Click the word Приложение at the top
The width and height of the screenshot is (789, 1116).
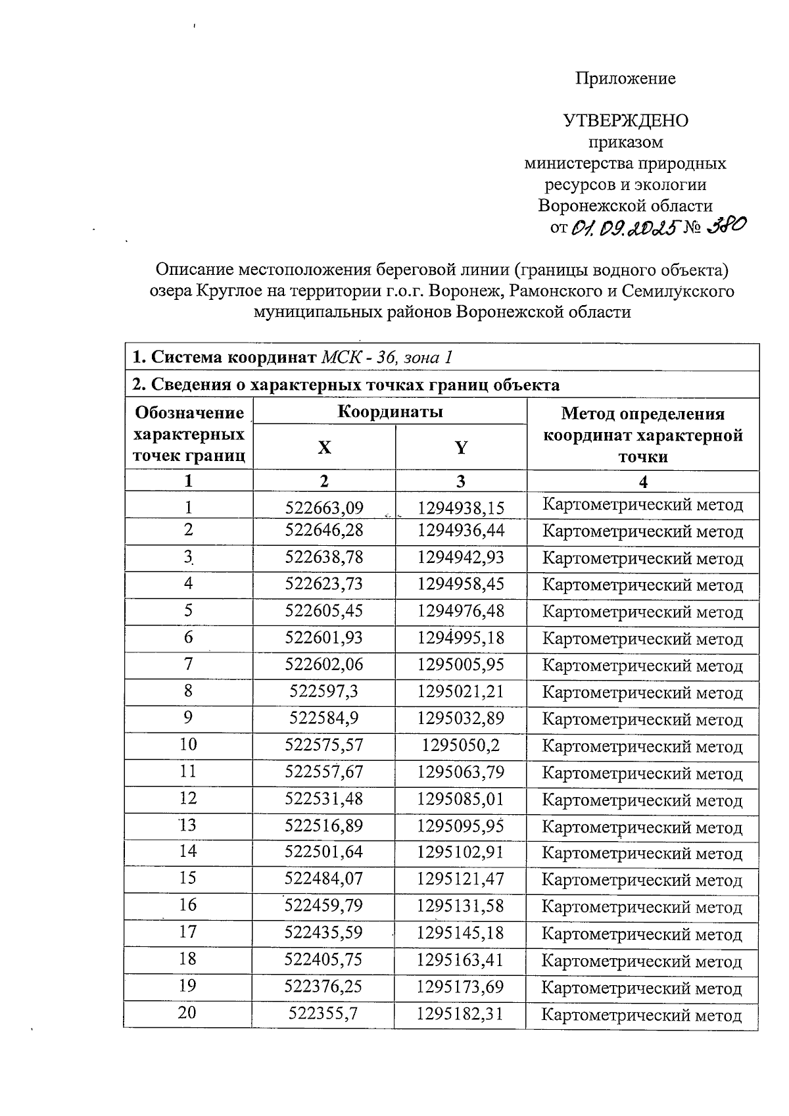[x=625, y=79]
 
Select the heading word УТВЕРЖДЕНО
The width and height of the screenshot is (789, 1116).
[x=625, y=121]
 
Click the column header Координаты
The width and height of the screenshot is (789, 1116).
[x=390, y=412]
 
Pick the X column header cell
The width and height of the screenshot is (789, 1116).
[x=324, y=448]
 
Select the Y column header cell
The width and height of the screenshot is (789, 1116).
[x=461, y=448]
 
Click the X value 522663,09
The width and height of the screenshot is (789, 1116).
[x=324, y=508]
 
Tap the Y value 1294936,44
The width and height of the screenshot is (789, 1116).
[x=461, y=531]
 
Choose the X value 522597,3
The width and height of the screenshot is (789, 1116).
[x=324, y=692]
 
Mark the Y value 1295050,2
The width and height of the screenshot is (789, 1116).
[x=461, y=745]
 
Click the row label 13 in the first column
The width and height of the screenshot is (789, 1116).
[x=188, y=825]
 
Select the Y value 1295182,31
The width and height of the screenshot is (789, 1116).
[x=461, y=1013]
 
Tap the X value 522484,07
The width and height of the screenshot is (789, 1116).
[x=324, y=879]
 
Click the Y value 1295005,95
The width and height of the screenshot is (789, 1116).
[x=461, y=665]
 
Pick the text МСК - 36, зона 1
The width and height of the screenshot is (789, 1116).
[x=387, y=358]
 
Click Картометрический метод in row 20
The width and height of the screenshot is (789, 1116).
[x=642, y=1015]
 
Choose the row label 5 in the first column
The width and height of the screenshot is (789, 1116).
[x=188, y=611]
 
